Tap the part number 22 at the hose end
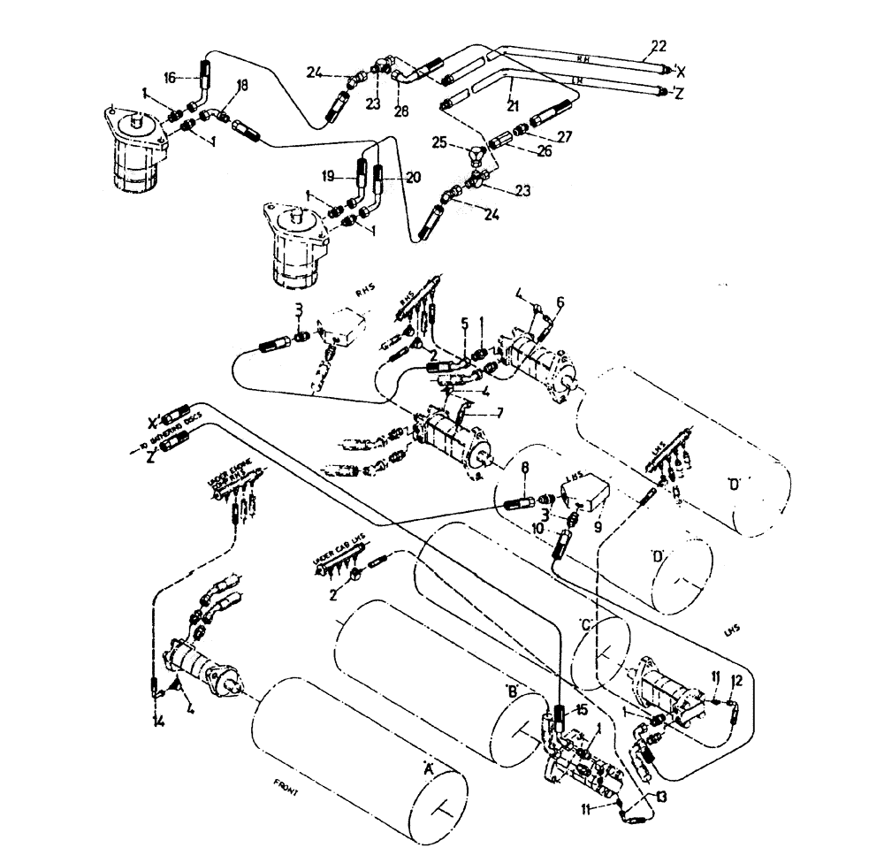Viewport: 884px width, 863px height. point(658,46)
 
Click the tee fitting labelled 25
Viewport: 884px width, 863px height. point(476,156)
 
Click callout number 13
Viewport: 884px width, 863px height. point(659,796)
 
